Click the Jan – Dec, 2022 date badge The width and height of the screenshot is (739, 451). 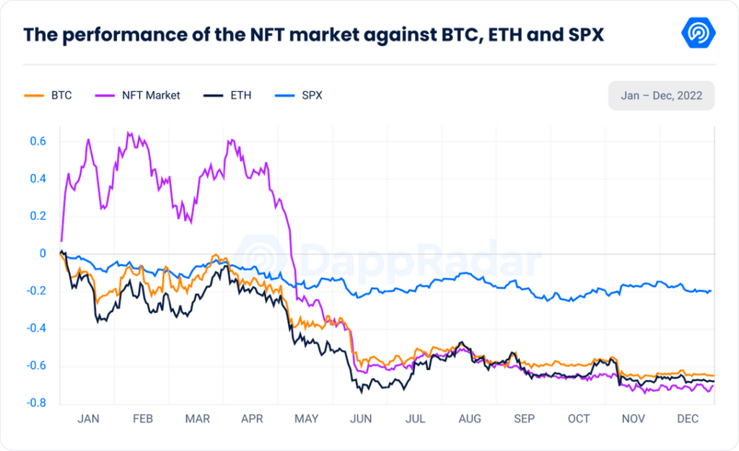(x=661, y=95)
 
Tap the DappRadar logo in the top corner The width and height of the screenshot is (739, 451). (x=698, y=34)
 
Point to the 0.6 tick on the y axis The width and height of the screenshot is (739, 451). (x=38, y=141)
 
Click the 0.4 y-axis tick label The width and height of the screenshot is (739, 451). (x=38, y=179)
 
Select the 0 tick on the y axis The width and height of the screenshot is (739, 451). (x=43, y=254)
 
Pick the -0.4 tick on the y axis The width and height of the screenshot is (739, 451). (x=36, y=328)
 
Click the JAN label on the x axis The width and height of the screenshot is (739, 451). (x=88, y=418)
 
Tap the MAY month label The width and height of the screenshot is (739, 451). (x=307, y=418)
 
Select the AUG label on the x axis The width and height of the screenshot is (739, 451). (x=469, y=418)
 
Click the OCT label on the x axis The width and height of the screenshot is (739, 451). (x=579, y=418)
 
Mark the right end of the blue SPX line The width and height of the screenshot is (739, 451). (x=711, y=291)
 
